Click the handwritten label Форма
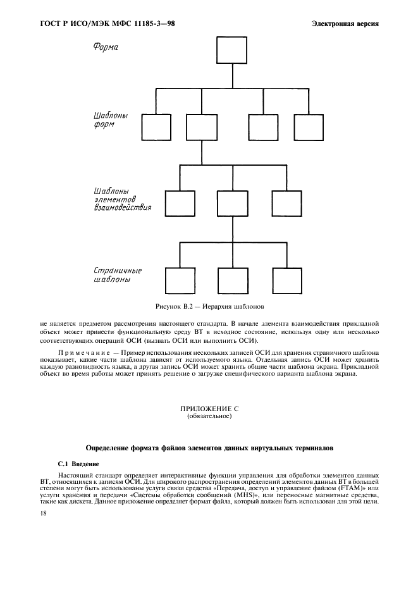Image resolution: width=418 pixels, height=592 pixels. pos(106,47)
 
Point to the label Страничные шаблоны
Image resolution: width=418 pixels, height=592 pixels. pos(118,275)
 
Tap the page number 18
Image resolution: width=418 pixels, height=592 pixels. pos(43,514)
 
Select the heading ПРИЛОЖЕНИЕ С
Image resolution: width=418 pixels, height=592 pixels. pos(209,409)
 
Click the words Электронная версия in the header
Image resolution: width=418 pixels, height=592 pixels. pos(345,24)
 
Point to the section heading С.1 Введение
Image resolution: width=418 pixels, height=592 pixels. pos(78,464)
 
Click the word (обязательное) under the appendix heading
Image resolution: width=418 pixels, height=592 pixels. pos(209,416)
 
